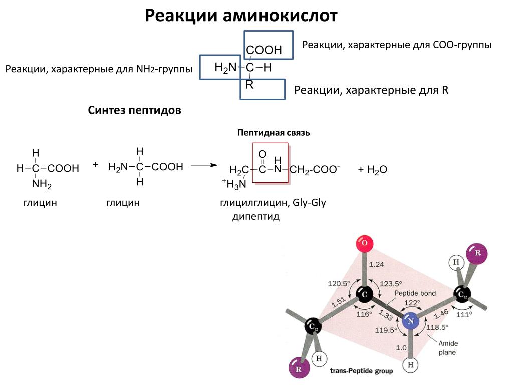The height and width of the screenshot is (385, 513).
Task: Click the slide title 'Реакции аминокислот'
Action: (241, 16)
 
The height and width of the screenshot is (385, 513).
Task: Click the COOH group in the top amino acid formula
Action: (264, 50)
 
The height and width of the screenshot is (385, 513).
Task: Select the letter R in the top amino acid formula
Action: (249, 85)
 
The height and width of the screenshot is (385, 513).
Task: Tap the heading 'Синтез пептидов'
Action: (134, 110)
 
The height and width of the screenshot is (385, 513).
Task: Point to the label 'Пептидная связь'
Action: (274, 133)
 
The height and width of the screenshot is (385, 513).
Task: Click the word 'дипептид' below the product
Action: (255, 217)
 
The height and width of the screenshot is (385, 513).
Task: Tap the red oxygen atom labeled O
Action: (364, 244)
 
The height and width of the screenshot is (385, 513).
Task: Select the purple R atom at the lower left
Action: (299, 369)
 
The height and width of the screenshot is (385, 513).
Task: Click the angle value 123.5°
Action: (391, 283)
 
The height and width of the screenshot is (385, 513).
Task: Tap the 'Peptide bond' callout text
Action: (415, 293)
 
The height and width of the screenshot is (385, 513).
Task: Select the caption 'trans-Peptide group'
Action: (361, 372)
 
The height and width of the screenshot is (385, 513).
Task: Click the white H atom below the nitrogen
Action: (411, 365)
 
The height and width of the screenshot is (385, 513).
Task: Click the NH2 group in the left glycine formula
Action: (42, 184)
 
